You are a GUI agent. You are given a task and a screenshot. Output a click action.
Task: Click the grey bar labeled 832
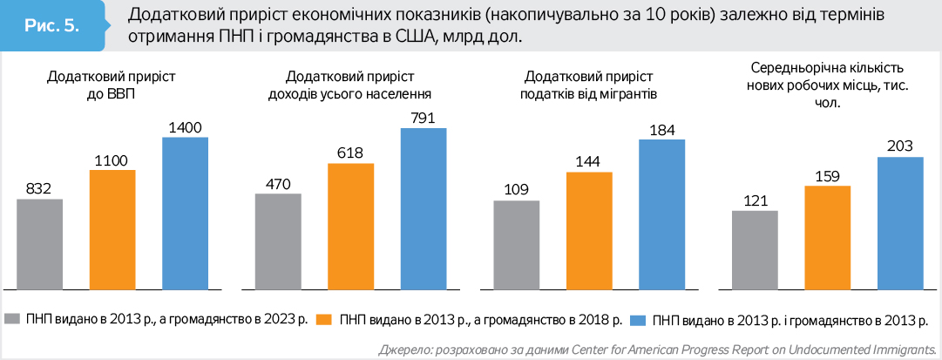tap(40, 243)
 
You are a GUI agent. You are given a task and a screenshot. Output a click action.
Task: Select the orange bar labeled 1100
tap(112, 228)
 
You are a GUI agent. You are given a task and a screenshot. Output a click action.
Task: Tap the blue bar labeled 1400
tap(186, 212)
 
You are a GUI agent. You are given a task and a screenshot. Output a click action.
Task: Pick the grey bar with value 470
tap(278, 241)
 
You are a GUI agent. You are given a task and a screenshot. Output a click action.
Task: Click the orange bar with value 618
tap(351, 225)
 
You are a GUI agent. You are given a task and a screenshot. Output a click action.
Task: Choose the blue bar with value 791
tap(424, 207)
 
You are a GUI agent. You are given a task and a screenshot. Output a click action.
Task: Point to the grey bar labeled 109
tap(517, 244)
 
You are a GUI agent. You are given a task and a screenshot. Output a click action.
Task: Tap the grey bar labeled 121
tap(755, 249)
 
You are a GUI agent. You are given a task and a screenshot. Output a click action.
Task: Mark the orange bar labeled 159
tap(828, 236)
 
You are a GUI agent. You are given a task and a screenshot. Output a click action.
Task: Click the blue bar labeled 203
tap(900, 222)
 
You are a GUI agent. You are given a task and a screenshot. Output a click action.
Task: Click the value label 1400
tap(186, 127)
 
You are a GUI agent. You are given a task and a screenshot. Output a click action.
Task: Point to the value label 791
tap(424, 119)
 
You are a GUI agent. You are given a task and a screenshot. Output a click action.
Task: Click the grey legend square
tap(12, 318)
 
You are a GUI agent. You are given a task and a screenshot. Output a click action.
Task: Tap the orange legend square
tap(323, 318)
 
